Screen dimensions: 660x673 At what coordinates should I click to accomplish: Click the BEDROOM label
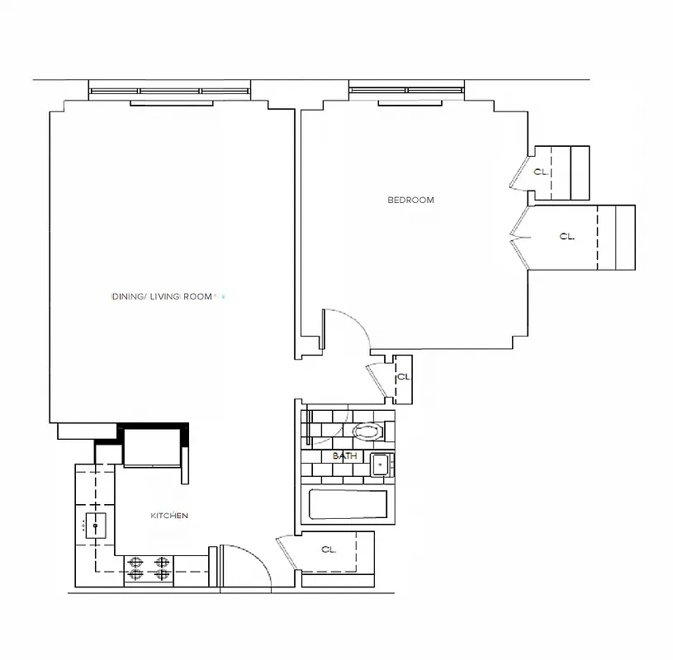410,200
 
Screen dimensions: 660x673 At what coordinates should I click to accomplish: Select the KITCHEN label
169,516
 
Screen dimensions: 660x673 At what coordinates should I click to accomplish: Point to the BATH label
344,455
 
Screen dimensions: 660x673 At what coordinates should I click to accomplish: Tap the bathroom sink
381,465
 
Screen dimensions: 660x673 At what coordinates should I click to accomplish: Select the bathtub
347,504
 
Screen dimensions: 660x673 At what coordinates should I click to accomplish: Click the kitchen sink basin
96,525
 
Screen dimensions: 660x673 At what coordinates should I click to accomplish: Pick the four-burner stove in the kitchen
149,569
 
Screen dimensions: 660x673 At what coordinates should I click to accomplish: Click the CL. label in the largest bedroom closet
566,236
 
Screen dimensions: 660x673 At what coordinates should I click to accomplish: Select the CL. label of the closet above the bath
403,376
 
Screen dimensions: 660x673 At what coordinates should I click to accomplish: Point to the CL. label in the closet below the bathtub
328,549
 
